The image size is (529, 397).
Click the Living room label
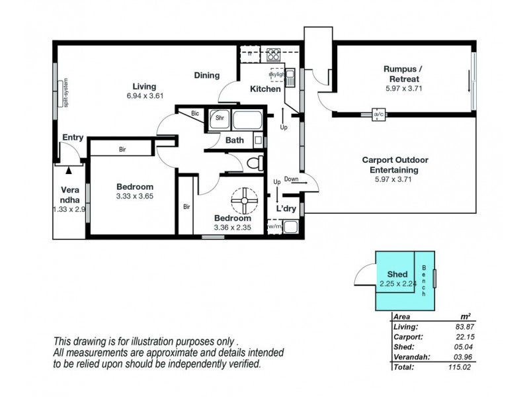point(144,87)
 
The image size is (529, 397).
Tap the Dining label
point(206,75)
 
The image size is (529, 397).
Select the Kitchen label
point(265,89)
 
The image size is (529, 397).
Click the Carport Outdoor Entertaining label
point(395,165)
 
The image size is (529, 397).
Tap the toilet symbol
point(254,163)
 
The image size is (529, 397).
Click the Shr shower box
point(218,119)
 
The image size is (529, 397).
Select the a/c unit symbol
point(379,114)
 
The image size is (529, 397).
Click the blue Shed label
point(397,274)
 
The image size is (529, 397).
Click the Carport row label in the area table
point(407,337)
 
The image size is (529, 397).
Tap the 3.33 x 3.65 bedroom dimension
point(135,197)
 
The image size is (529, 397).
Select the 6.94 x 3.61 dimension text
point(144,97)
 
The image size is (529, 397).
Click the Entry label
point(73,138)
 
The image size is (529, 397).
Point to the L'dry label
point(286,209)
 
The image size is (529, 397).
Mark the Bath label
point(235,140)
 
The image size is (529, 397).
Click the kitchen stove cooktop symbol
point(274,53)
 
